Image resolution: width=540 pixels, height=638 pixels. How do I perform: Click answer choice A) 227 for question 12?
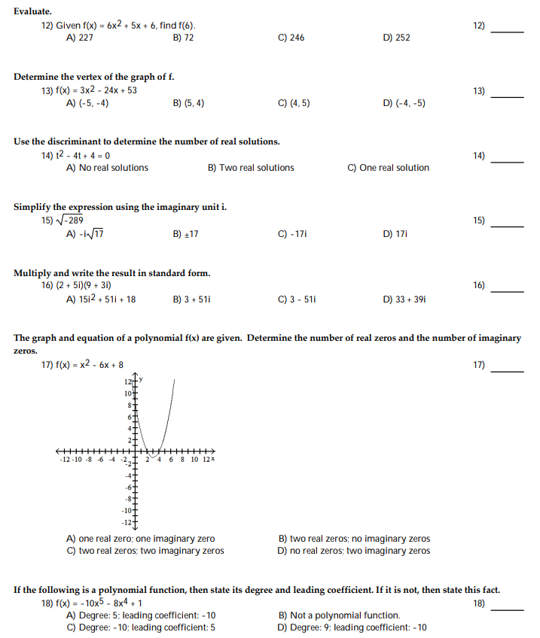pos(80,38)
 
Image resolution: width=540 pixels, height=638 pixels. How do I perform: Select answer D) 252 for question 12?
pos(396,38)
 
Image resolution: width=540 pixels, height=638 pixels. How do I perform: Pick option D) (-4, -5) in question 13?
pos(404,103)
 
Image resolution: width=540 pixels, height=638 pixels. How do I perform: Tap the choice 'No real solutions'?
pos(107,168)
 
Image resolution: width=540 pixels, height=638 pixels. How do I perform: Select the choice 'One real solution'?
pos(388,168)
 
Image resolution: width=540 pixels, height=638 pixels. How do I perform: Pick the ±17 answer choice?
pos(185,234)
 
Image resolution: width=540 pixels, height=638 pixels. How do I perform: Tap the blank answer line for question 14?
pos(508,162)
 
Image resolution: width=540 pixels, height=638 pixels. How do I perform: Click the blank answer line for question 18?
pos(508,609)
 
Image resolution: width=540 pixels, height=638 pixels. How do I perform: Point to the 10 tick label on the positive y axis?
pos(127,394)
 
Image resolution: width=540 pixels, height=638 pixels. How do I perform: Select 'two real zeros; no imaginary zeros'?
pos(354,539)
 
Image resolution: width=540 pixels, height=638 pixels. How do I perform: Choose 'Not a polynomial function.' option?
pos(339,615)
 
